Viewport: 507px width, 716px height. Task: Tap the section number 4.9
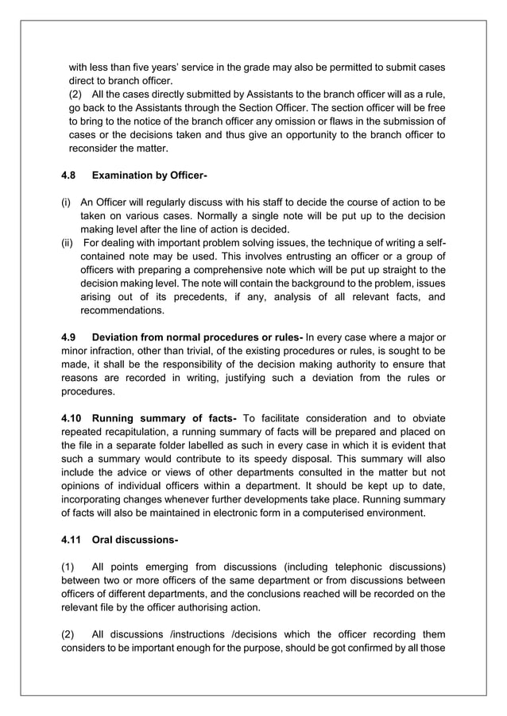tap(69, 337)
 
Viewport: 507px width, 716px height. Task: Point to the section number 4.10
tap(72, 418)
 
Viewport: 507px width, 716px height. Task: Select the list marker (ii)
tap(68, 242)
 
